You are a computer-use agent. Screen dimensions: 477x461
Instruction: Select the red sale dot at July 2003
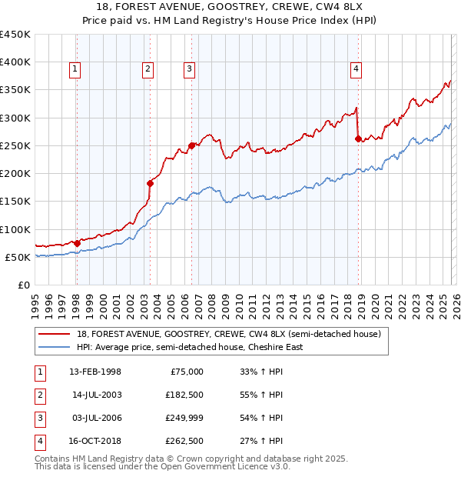[150, 183]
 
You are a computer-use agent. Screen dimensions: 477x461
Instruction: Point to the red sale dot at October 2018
[358, 138]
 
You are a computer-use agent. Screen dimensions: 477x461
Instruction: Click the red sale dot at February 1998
[77, 243]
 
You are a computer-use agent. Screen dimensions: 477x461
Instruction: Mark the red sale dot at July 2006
[191, 145]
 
